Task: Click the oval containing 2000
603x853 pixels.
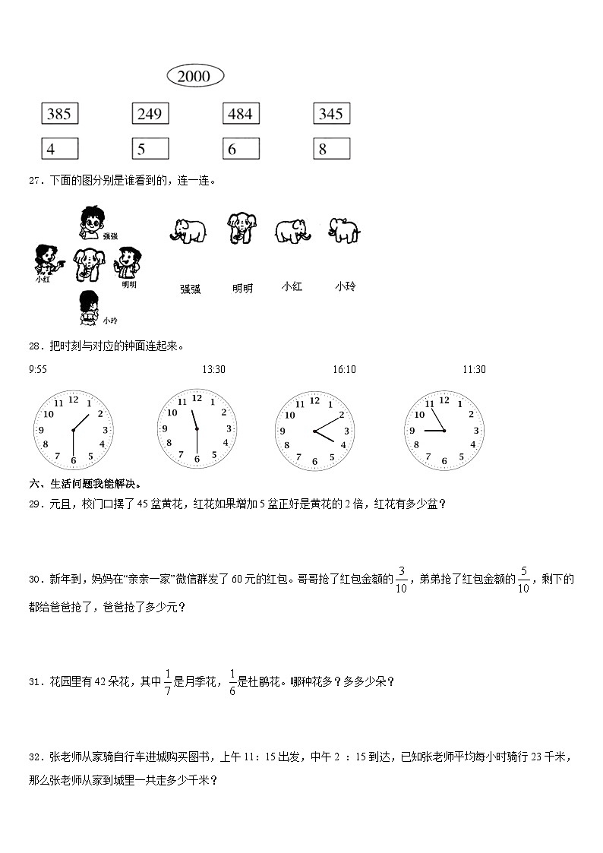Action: [x=194, y=76]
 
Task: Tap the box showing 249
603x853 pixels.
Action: [x=150, y=114]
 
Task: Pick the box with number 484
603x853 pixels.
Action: [x=241, y=114]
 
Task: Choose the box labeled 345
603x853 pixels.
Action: [x=331, y=114]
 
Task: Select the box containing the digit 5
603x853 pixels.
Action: [x=150, y=149]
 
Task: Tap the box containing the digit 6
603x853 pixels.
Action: [x=241, y=149]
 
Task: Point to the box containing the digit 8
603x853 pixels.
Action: [x=331, y=149]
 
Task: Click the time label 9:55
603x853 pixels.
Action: [x=37, y=369]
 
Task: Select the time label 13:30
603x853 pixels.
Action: [x=213, y=369]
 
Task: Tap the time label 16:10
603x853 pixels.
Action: [x=344, y=369]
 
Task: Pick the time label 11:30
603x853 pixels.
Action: [x=475, y=369]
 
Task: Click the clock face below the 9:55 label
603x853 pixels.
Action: [x=73, y=431]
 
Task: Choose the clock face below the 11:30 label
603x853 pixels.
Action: [x=444, y=431]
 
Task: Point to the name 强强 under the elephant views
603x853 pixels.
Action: [x=190, y=289]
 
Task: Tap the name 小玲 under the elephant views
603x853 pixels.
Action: [x=345, y=286]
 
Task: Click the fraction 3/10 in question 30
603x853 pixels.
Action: [x=401, y=580]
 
